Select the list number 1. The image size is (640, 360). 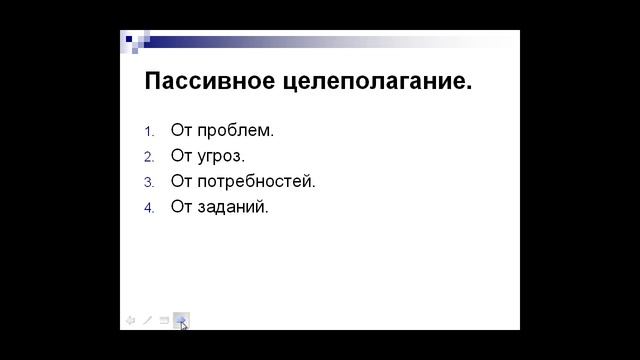(x=149, y=131)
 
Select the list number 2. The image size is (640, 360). (x=149, y=157)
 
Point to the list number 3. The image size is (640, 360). (x=149, y=182)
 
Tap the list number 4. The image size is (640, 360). (x=149, y=208)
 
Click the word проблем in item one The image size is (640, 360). (x=235, y=131)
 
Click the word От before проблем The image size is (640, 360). (x=181, y=131)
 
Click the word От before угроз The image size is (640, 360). (x=181, y=156)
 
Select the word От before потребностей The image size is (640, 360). (x=181, y=182)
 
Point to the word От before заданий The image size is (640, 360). (x=181, y=208)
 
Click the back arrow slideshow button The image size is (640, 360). (x=130, y=320)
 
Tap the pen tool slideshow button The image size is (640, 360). (x=147, y=320)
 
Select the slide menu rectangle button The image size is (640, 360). (x=164, y=320)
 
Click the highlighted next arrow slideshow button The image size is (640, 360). (x=180, y=319)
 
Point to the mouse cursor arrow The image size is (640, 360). (x=184, y=325)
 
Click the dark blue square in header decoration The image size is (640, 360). (x=128, y=38)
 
